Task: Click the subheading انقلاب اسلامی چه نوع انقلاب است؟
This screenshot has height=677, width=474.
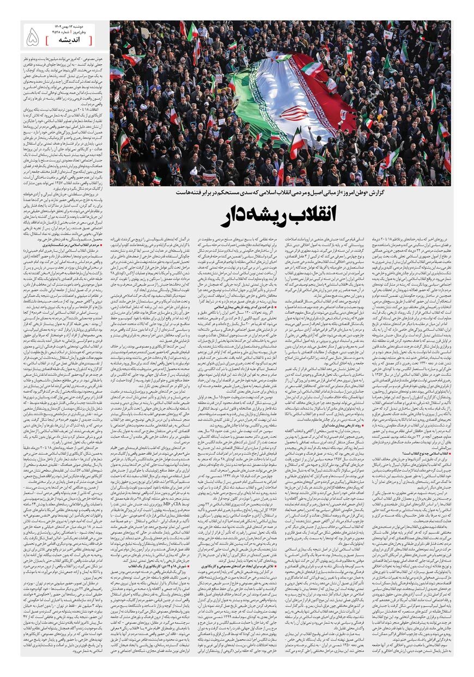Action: tap(420, 453)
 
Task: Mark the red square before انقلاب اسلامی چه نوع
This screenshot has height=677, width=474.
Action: tap(448, 453)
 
